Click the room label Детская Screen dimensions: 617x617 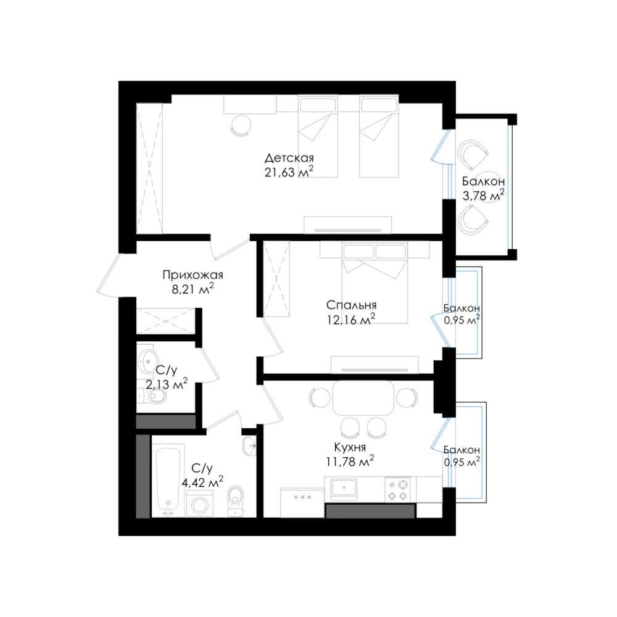click(x=289, y=158)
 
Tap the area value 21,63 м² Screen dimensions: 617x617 click(x=289, y=172)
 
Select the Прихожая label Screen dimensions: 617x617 click(x=193, y=275)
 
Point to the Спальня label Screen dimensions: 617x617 click(x=352, y=305)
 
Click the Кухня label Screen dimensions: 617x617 click(x=350, y=447)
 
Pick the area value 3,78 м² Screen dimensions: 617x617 click(x=483, y=195)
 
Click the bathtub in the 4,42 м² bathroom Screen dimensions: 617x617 click(x=168, y=481)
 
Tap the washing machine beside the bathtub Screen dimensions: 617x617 click(x=199, y=503)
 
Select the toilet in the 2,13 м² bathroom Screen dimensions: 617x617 click(x=153, y=396)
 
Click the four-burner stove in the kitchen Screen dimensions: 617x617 click(x=397, y=489)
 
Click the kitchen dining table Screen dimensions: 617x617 click(x=363, y=397)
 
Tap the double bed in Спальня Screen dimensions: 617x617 click(x=375, y=283)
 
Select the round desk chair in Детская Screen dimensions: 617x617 click(x=241, y=125)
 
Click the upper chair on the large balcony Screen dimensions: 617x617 click(x=472, y=154)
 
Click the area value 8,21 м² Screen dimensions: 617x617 click(x=193, y=289)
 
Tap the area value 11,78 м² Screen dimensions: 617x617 click(x=350, y=461)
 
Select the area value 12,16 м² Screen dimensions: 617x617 click(x=351, y=320)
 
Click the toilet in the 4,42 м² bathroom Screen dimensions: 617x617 click(x=236, y=500)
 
